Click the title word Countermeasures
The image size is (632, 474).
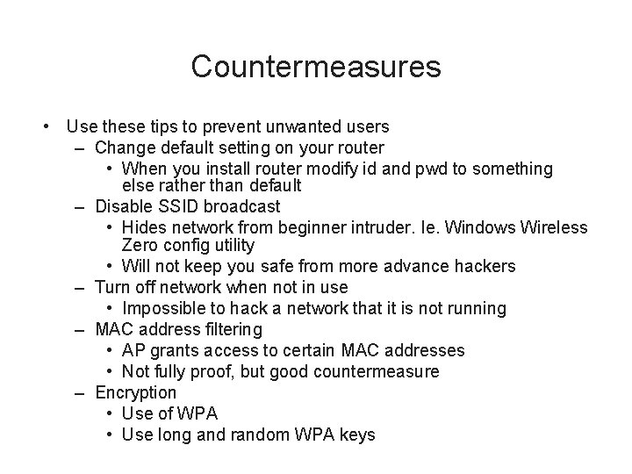pyautogui.click(x=315, y=66)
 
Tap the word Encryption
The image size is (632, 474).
pyautogui.click(x=136, y=392)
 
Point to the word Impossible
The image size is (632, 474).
pyautogui.click(x=166, y=308)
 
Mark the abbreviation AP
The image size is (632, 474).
pyautogui.click(x=135, y=350)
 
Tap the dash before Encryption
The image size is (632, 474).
pyautogui.click(x=80, y=393)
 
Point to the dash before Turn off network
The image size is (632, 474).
pyautogui.click(x=80, y=288)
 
